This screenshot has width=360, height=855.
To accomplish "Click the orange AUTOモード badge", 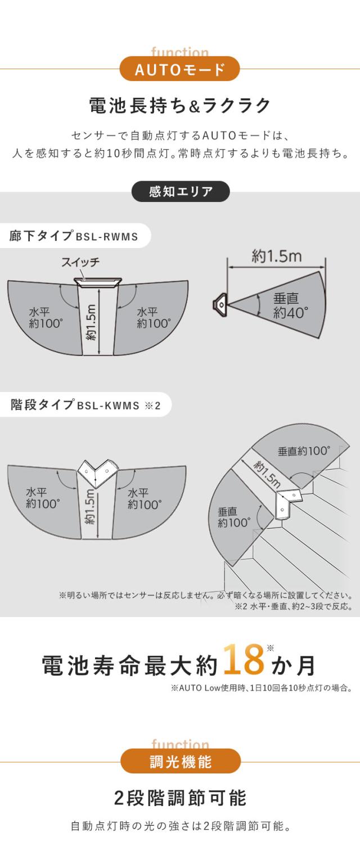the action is click(x=180, y=69).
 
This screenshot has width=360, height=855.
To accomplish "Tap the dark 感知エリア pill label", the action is click(x=181, y=191).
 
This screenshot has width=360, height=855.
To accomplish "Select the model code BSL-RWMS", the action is click(x=107, y=237).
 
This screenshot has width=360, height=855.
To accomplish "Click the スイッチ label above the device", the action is click(x=80, y=262).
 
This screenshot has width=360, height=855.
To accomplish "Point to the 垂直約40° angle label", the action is click(x=290, y=305).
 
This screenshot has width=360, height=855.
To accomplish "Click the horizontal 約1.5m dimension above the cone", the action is click(x=276, y=256).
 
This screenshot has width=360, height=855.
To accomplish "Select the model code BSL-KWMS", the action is click(x=109, y=406).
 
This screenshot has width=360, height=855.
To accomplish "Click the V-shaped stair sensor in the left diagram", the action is click(x=97, y=473).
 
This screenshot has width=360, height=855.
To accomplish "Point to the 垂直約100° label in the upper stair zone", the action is click(x=304, y=451).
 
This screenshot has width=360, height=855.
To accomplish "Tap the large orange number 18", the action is click(x=244, y=660).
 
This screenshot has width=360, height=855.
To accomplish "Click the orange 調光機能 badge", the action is click(x=181, y=762).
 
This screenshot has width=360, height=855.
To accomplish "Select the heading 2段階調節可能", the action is click(x=181, y=799).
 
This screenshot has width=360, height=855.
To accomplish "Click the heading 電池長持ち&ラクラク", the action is click(x=180, y=106).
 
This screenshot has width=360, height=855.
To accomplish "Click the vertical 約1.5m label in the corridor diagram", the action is click(x=91, y=322).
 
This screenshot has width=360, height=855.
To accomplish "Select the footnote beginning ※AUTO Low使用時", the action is click(x=261, y=688).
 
